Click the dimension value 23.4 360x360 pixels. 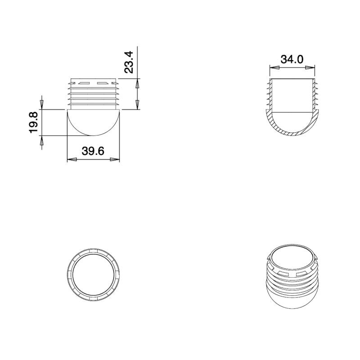click(129, 62)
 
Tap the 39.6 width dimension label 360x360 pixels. click(93, 151)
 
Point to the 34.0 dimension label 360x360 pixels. click(292, 59)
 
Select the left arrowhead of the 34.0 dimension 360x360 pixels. click(274, 67)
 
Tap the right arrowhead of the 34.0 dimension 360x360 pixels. click(310, 67)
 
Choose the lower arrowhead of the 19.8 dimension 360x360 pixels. click(41, 141)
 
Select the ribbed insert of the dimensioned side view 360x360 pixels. click(94, 95)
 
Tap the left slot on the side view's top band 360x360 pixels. click(83, 83)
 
